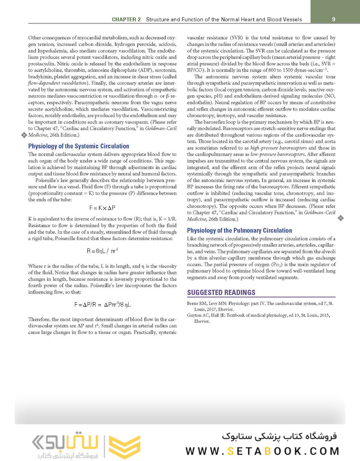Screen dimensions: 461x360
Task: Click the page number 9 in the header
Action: (333, 19)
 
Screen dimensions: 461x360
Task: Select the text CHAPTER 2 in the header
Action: (127, 20)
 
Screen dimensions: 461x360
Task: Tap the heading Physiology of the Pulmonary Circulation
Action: (239, 230)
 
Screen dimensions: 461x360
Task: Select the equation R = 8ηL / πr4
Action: (102, 251)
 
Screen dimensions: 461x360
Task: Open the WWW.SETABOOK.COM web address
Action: (262, 451)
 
